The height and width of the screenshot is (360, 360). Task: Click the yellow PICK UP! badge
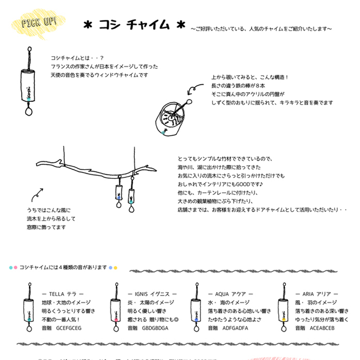pyautogui.click(x=40, y=24)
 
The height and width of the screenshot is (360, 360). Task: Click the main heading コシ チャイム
pyautogui.click(x=134, y=25)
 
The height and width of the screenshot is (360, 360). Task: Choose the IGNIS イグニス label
pyautogui.click(x=152, y=294)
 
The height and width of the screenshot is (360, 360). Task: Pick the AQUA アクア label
pyautogui.click(x=230, y=294)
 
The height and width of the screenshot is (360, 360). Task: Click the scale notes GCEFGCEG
pyautogui.click(x=68, y=328)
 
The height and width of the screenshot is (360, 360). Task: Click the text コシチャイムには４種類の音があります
pyautogui.click(x=63, y=267)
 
